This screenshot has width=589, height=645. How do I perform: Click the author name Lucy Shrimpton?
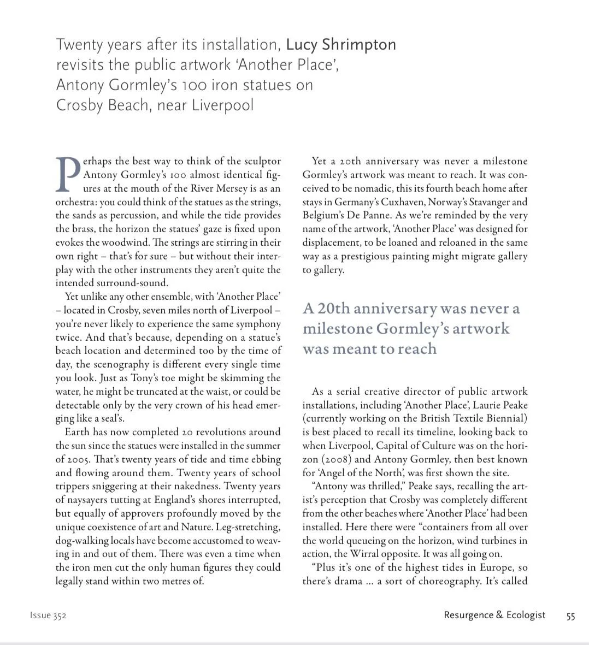click(341, 44)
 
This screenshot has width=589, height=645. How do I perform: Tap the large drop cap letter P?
click(68, 174)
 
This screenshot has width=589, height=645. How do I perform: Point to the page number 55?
click(570, 616)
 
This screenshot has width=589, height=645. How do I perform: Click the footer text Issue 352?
click(48, 616)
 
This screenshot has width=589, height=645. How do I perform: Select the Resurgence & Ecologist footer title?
click(494, 615)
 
